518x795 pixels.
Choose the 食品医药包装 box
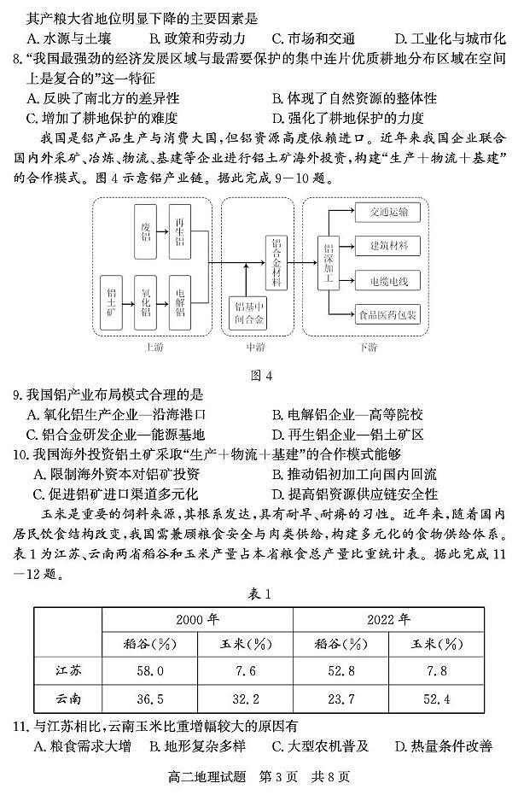(x=388, y=315)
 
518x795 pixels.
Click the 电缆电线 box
(x=388, y=280)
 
